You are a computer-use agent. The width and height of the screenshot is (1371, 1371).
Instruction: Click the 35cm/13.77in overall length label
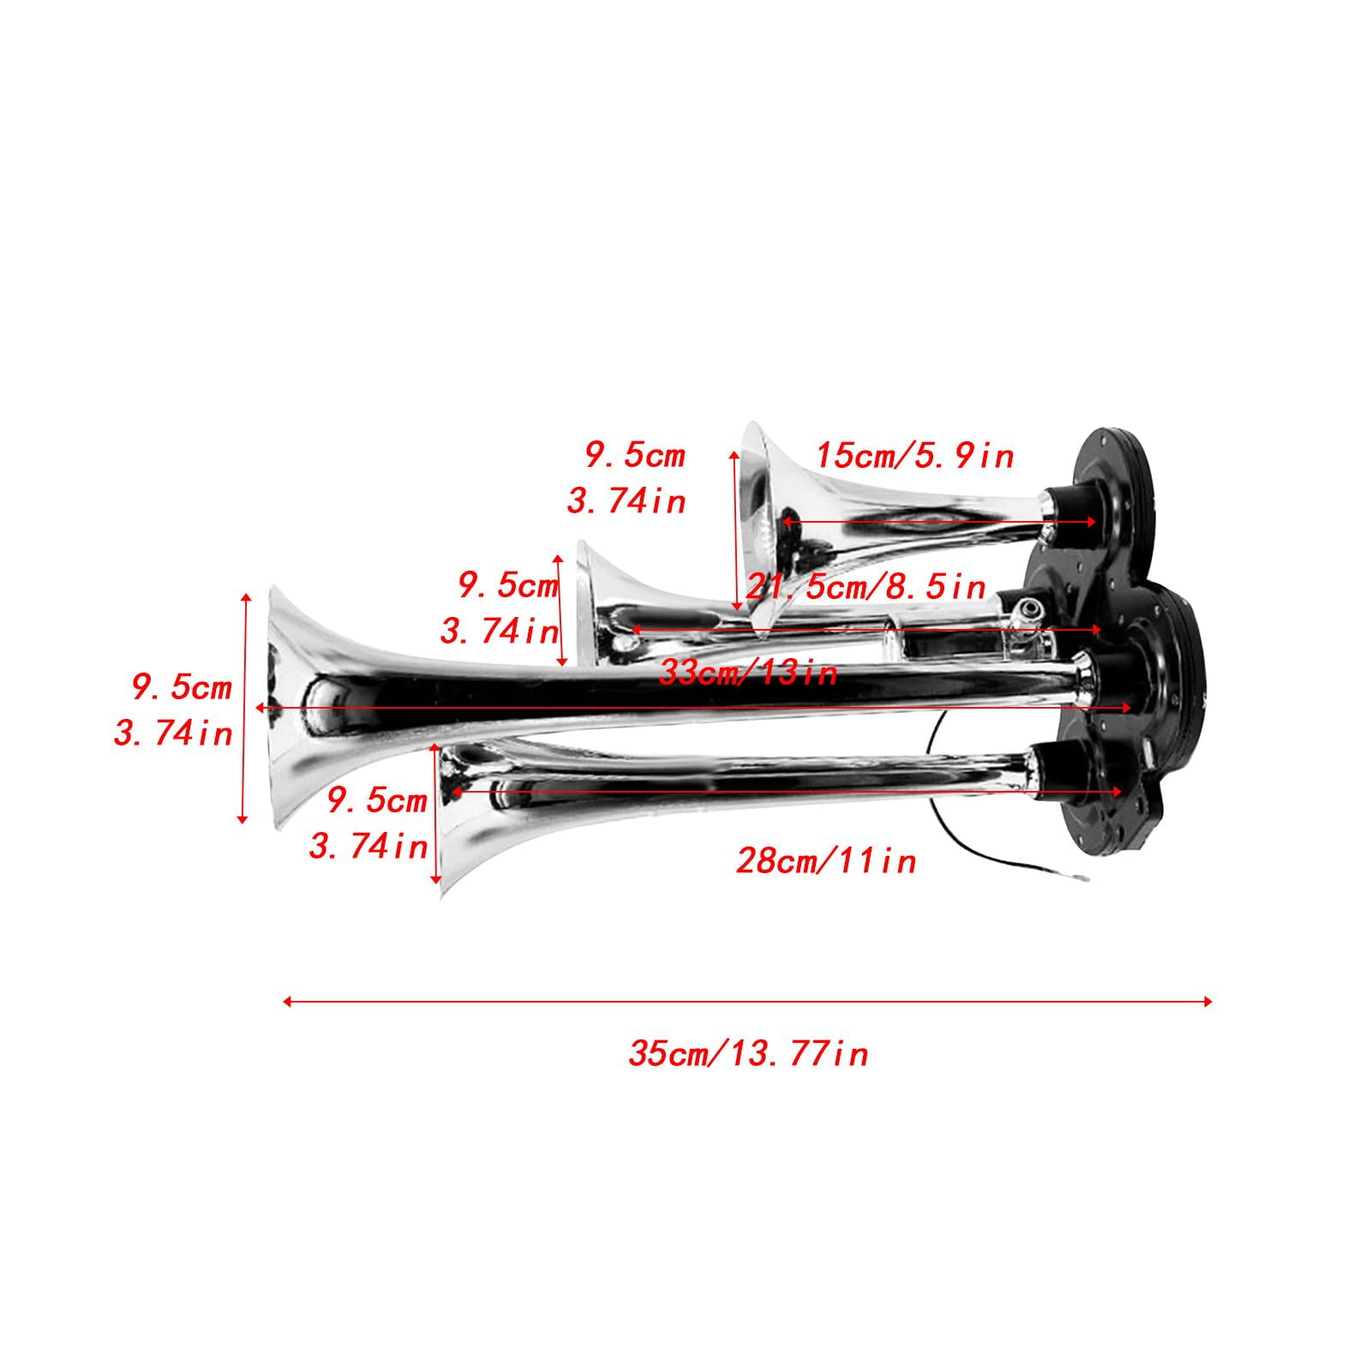coord(748,1053)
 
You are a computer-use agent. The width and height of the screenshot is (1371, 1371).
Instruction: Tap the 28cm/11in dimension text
coord(826,859)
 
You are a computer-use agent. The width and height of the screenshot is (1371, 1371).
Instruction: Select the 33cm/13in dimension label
coord(748,673)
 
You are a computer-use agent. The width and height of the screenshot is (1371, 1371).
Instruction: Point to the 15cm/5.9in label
coord(914,456)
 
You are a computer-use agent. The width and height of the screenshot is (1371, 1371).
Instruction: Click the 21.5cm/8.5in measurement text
coord(865,587)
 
